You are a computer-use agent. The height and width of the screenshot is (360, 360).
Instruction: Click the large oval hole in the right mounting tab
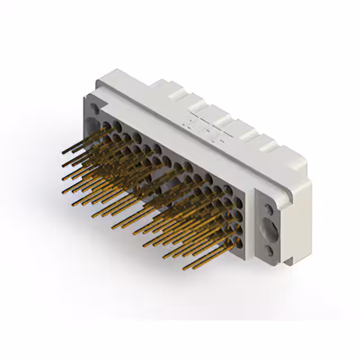271,229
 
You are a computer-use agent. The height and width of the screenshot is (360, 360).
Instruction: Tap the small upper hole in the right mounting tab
269,210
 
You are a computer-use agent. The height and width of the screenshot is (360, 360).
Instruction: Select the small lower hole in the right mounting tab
270,251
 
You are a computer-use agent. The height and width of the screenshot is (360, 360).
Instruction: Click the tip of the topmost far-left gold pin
62,152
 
